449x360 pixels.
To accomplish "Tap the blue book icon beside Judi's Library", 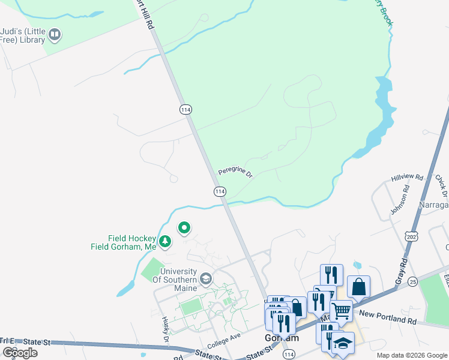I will (55, 35).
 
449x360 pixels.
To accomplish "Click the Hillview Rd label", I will (407, 178).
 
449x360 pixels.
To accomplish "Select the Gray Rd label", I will (401, 270).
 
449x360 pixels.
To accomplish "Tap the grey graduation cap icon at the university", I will (206, 279).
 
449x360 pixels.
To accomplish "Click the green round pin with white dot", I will (184, 228).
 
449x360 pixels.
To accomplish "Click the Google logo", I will (20, 353).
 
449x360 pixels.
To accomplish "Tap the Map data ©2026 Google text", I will (412, 355).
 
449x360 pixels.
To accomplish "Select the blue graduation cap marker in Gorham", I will (343, 343).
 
